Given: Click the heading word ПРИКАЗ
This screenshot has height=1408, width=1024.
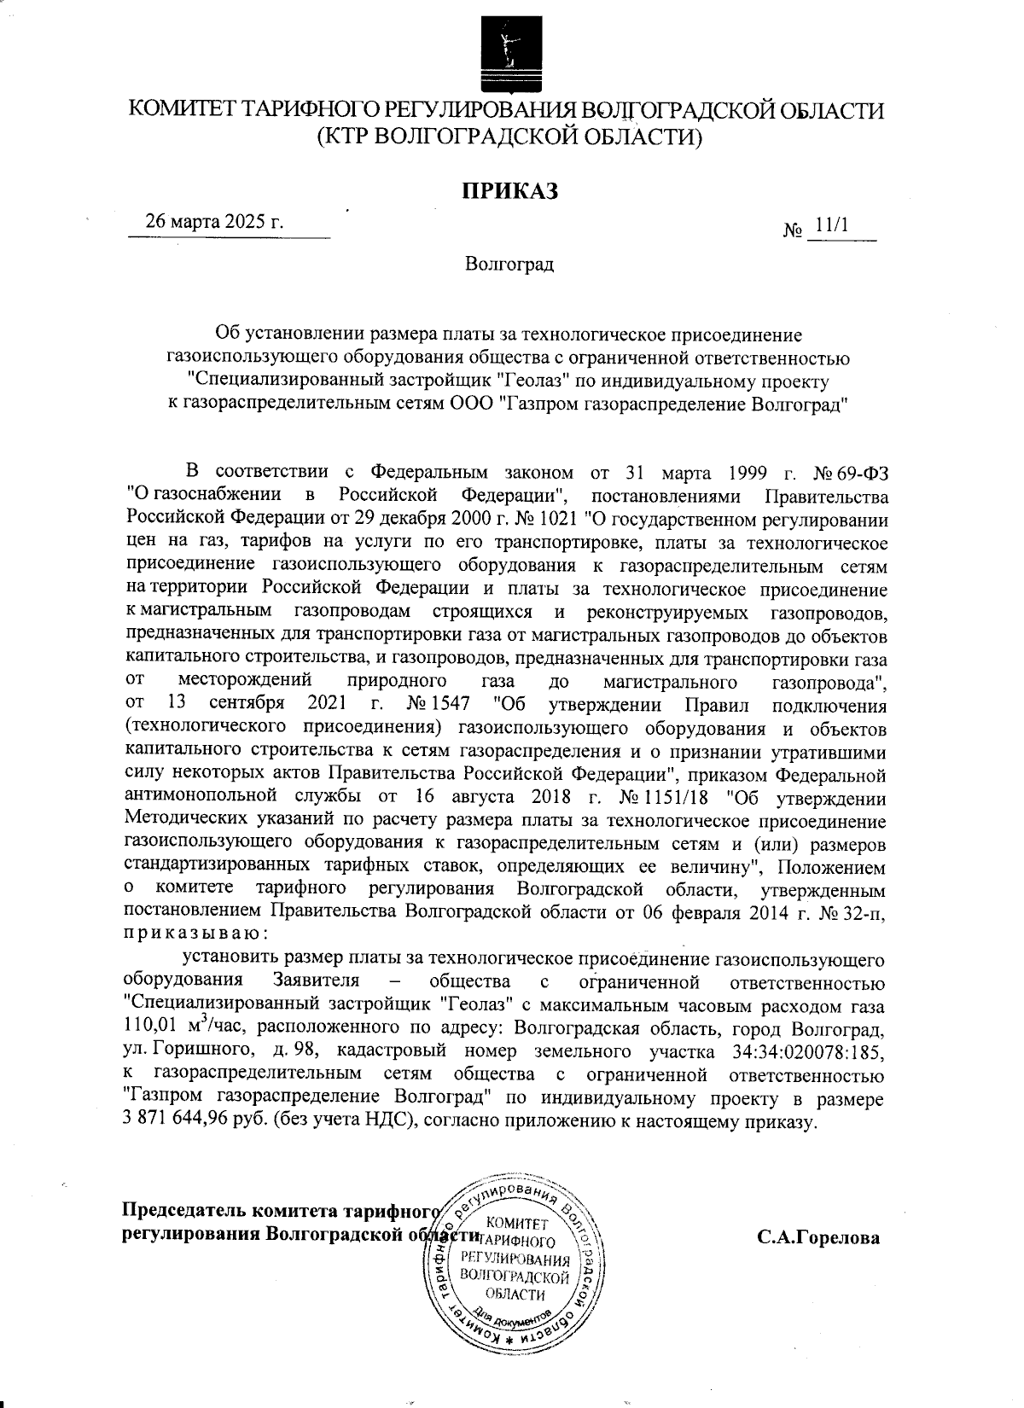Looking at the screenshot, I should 509,190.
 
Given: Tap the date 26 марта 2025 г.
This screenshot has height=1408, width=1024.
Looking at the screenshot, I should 214,222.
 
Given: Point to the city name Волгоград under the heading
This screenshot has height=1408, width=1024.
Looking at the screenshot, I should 509,265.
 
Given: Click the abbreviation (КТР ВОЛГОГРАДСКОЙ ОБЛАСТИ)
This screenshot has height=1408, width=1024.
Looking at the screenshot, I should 509,137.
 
